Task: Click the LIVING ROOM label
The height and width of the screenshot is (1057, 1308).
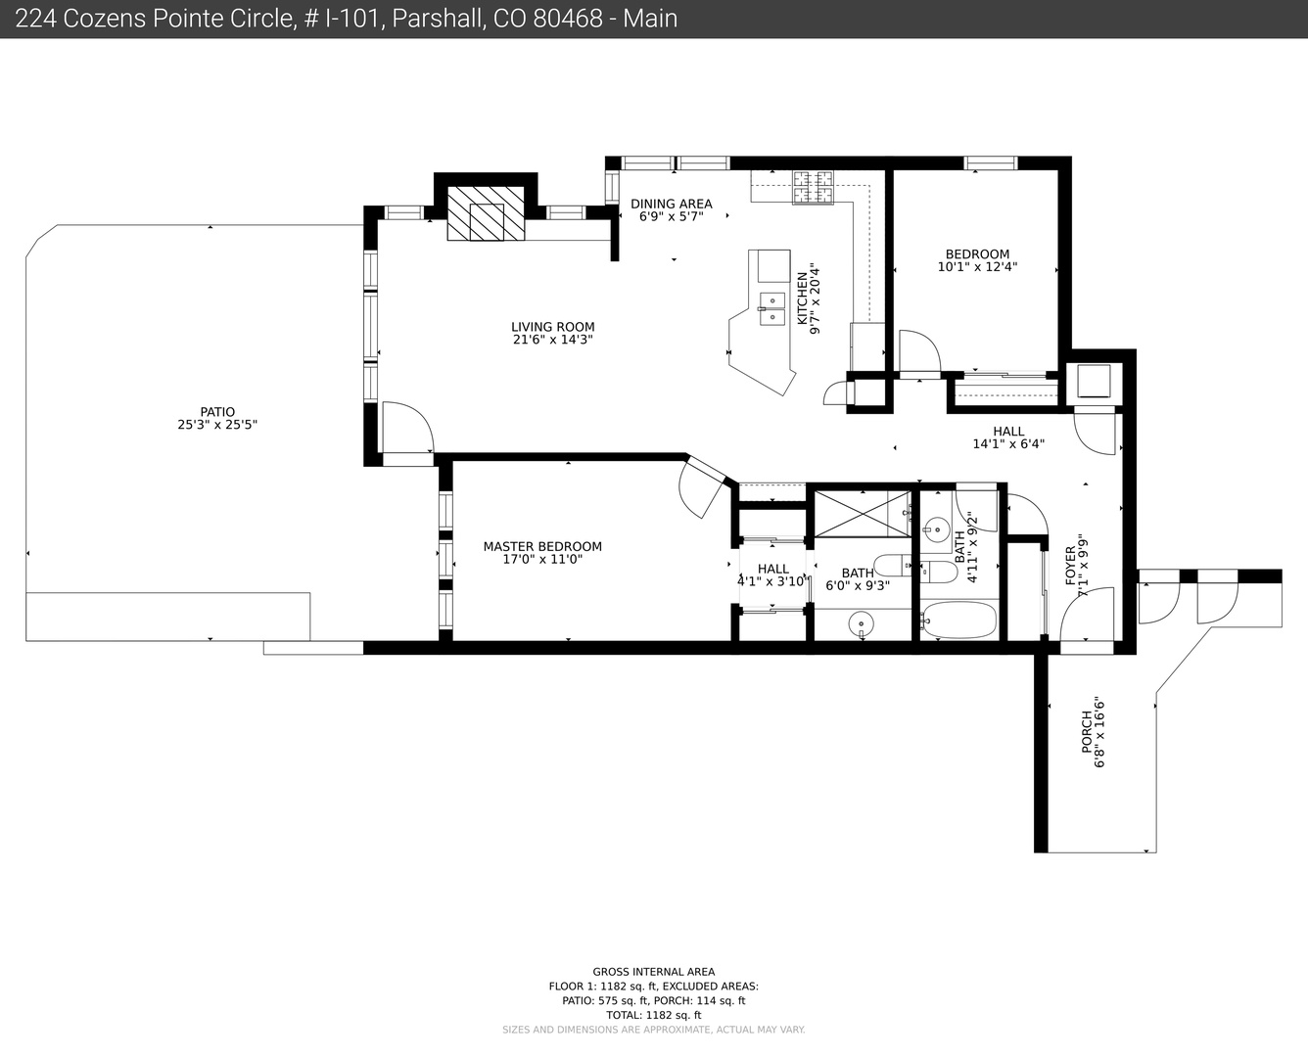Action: (553, 327)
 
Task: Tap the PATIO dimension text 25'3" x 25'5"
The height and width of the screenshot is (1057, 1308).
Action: (217, 424)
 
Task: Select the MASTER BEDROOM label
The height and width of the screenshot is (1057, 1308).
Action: (542, 546)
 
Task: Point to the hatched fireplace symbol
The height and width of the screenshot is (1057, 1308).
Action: (486, 213)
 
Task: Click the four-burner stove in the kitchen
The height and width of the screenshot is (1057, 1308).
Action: (814, 187)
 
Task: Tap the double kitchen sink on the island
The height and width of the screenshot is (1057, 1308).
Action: (772, 308)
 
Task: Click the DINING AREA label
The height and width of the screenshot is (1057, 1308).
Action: (672, 204)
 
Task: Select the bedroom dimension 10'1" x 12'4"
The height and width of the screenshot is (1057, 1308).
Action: (977, 267)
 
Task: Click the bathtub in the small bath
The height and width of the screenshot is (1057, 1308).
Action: (958, 619)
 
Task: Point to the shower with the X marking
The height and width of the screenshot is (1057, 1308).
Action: (863, 513)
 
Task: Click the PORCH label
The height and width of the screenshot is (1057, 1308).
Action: (1087, 732)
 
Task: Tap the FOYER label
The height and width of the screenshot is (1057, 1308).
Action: (1070, 566)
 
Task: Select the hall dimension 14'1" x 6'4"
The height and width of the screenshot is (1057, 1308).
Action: (1008, 443)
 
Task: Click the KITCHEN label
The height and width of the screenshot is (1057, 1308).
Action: (802, 299)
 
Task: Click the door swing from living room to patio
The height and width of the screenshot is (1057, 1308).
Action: (408, 428)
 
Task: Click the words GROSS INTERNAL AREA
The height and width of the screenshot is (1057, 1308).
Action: (653, 972)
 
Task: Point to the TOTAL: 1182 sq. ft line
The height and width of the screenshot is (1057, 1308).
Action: (653, 1015)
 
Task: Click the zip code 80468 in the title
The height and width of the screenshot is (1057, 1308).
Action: (568, 19)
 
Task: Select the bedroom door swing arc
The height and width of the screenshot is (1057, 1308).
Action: (920, 350)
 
